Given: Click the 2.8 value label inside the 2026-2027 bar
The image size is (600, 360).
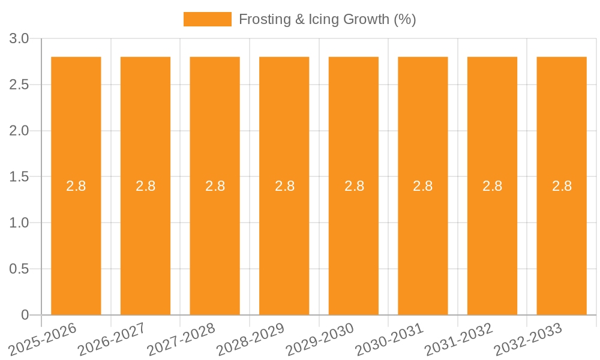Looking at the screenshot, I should [145, 186].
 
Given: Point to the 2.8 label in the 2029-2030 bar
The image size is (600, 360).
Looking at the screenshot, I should [354, 186].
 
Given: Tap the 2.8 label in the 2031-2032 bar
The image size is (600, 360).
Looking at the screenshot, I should [492, 186].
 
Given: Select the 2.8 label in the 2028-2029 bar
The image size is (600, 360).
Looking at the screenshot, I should [284, 186].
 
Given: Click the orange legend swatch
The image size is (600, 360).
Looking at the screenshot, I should [207, 19].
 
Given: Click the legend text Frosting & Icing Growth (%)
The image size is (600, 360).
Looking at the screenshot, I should [327, 19].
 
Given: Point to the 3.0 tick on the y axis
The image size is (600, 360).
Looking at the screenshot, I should [19, 39].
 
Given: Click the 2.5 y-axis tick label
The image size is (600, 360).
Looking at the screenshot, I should [19, 85].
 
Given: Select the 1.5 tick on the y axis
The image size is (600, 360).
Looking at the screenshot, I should [19, 177].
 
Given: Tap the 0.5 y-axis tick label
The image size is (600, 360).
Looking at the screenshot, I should [19, 269].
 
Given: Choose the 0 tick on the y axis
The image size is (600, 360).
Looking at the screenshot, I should [25, 315].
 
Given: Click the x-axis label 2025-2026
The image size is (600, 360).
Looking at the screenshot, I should [43, 338].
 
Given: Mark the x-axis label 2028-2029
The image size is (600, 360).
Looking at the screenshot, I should [251, 338].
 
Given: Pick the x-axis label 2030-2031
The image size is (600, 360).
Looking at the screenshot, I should [389, 338].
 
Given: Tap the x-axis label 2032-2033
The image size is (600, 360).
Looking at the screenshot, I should [528, 338].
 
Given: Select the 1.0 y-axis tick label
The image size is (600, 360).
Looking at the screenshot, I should [19, 223].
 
